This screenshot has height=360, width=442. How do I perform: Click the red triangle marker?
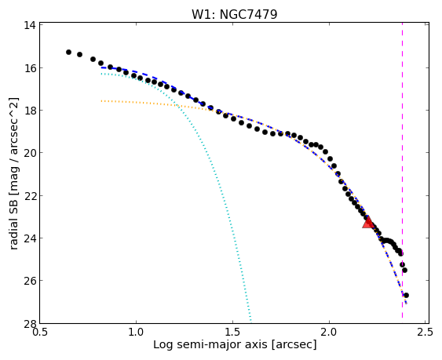click(368, 222)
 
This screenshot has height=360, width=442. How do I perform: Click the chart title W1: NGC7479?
click(235, 14)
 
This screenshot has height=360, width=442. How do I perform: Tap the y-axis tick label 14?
click(30, 25)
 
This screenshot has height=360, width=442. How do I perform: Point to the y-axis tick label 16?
click(30, 68)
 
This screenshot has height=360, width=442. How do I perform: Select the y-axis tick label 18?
click(30, 110)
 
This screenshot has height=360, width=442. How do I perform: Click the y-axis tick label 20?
click(30, 153)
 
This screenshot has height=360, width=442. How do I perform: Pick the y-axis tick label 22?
click(30, 195)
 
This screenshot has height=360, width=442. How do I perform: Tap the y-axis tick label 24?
click(30, 238)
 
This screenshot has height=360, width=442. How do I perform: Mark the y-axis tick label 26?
click(30, 281)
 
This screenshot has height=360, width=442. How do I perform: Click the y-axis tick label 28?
click(30, 323)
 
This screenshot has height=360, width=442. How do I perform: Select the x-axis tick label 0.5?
click(40, 333)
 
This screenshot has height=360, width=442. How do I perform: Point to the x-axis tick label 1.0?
click(136, 333)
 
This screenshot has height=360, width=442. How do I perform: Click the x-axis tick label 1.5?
click(232, 333)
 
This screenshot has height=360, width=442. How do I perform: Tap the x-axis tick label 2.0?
click(329, 333)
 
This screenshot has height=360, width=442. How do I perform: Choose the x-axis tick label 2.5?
click(425, 333)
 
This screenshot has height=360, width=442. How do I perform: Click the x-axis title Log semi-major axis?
click(210, 345)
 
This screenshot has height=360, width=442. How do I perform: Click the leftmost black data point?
click(68, 52)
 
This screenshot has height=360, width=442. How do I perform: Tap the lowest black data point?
click(406, 295)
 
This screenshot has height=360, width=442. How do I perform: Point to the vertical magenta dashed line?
click(402, 170)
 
